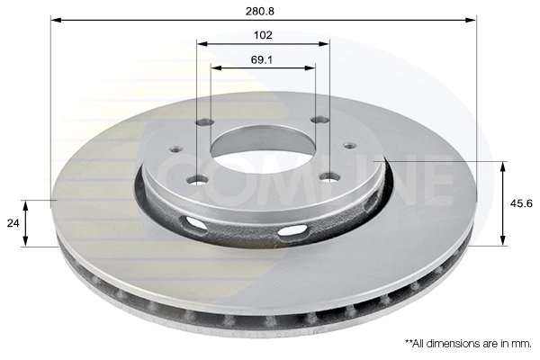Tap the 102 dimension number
pyautogui.click(x=263, y=35)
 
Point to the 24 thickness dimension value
pyautogui.click(x=11, y=222)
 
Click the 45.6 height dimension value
pyautogui.click(x=522, y=202)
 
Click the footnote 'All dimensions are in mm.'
pyautogui.click(x=468, y=344)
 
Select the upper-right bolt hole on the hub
pyautogui.click(x=317, y=121)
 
